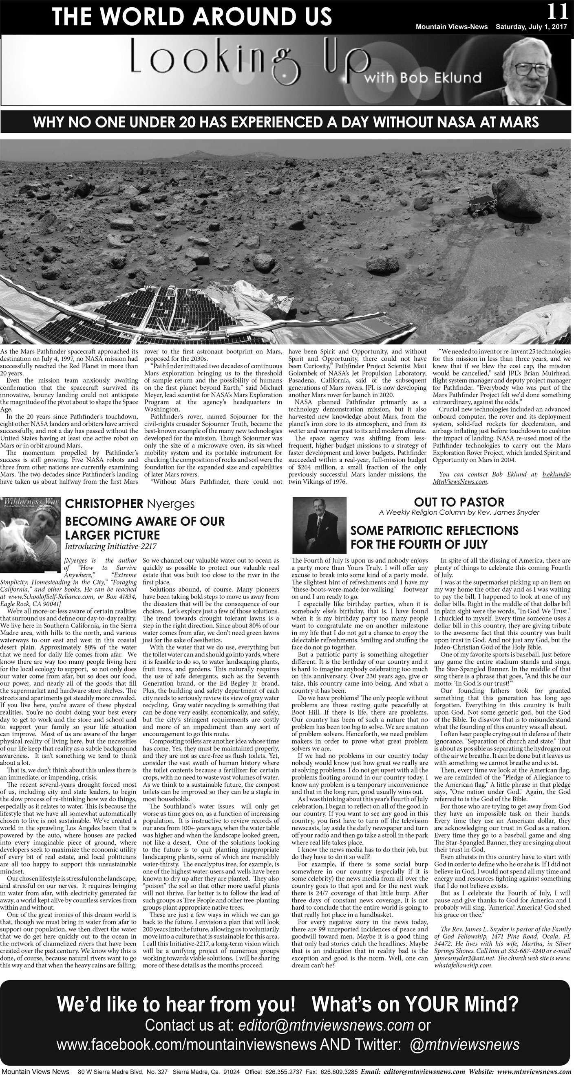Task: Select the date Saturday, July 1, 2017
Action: click(531, 27)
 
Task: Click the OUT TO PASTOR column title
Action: click(459, 502)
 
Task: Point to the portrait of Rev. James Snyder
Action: click(320, 524)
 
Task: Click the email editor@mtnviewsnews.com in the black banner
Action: click(326, 1025)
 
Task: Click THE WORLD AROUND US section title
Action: click(192, 17)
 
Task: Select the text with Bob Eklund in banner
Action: click(423, 77)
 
